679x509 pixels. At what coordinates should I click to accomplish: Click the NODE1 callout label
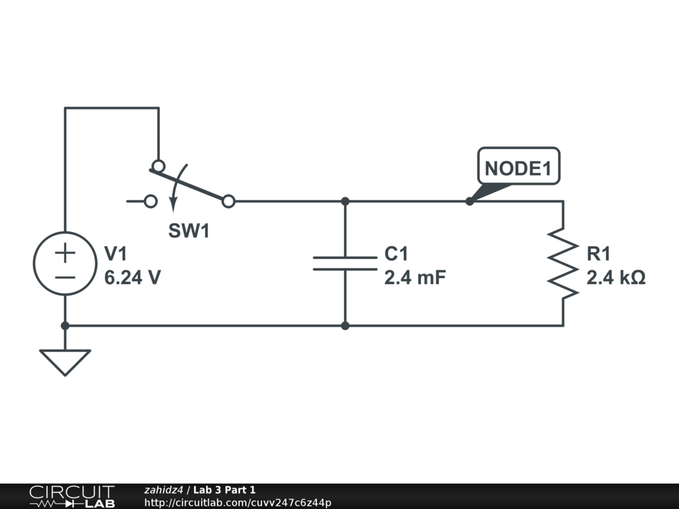click(x=519, y=167)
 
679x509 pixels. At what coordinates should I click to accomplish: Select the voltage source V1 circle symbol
click(x=65, y=264)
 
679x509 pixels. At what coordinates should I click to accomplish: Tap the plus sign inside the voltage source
click(x=65, y=253)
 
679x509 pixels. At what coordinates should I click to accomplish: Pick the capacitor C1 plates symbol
click(x=345, y=263)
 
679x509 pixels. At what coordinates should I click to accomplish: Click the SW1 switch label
click(x=188, y=231)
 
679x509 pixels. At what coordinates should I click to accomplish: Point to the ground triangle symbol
click(x=65, y=362)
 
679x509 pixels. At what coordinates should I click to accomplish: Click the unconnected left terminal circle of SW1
click(x=151, y=201)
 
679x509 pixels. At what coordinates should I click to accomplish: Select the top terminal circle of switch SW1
click(x=158, y=166)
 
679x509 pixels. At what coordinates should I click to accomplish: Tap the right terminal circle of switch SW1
click(x=228, y=201)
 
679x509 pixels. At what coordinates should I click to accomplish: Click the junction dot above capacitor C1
click(x=345, y=201)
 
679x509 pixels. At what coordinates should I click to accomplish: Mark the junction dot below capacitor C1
click(x=345, y=325)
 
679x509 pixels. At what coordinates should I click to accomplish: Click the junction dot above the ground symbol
click(x=65, y=325)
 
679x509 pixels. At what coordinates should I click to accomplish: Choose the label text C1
click(x=397, y=254)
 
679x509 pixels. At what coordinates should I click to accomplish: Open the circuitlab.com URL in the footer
click(x=237, y=502)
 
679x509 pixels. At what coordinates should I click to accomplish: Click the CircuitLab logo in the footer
click(x=72, y=496)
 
